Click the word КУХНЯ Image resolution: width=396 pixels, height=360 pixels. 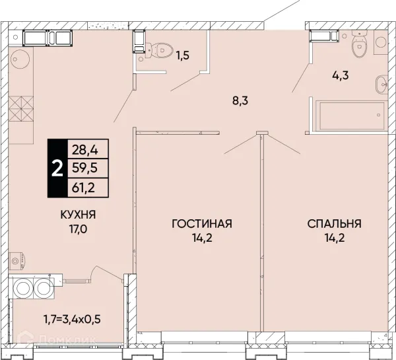[78, 215]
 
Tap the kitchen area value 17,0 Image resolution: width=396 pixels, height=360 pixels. [79, 229]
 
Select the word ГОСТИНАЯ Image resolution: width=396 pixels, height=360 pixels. [202, 224]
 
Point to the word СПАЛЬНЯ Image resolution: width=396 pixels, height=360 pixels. [335, 224]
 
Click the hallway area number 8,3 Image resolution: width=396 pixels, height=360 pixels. [240, 101]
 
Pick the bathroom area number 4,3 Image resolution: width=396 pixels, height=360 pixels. [341, 75]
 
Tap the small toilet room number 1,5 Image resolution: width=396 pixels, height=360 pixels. [183, 55]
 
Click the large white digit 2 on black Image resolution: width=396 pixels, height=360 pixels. [57, 168]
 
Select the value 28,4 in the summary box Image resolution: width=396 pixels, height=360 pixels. [85, 150]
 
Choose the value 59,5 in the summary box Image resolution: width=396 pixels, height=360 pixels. [84, 168]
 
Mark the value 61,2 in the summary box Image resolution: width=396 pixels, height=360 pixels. [84, 188]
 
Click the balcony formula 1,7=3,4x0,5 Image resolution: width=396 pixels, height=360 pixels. [72, 320]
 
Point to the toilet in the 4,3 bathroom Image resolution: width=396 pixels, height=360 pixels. [359, 44]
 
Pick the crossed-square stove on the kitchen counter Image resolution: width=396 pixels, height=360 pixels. [21, 108]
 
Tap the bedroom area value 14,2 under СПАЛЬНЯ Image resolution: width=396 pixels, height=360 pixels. [335, 238]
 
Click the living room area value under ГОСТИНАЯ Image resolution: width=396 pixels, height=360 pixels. [202, 238]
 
